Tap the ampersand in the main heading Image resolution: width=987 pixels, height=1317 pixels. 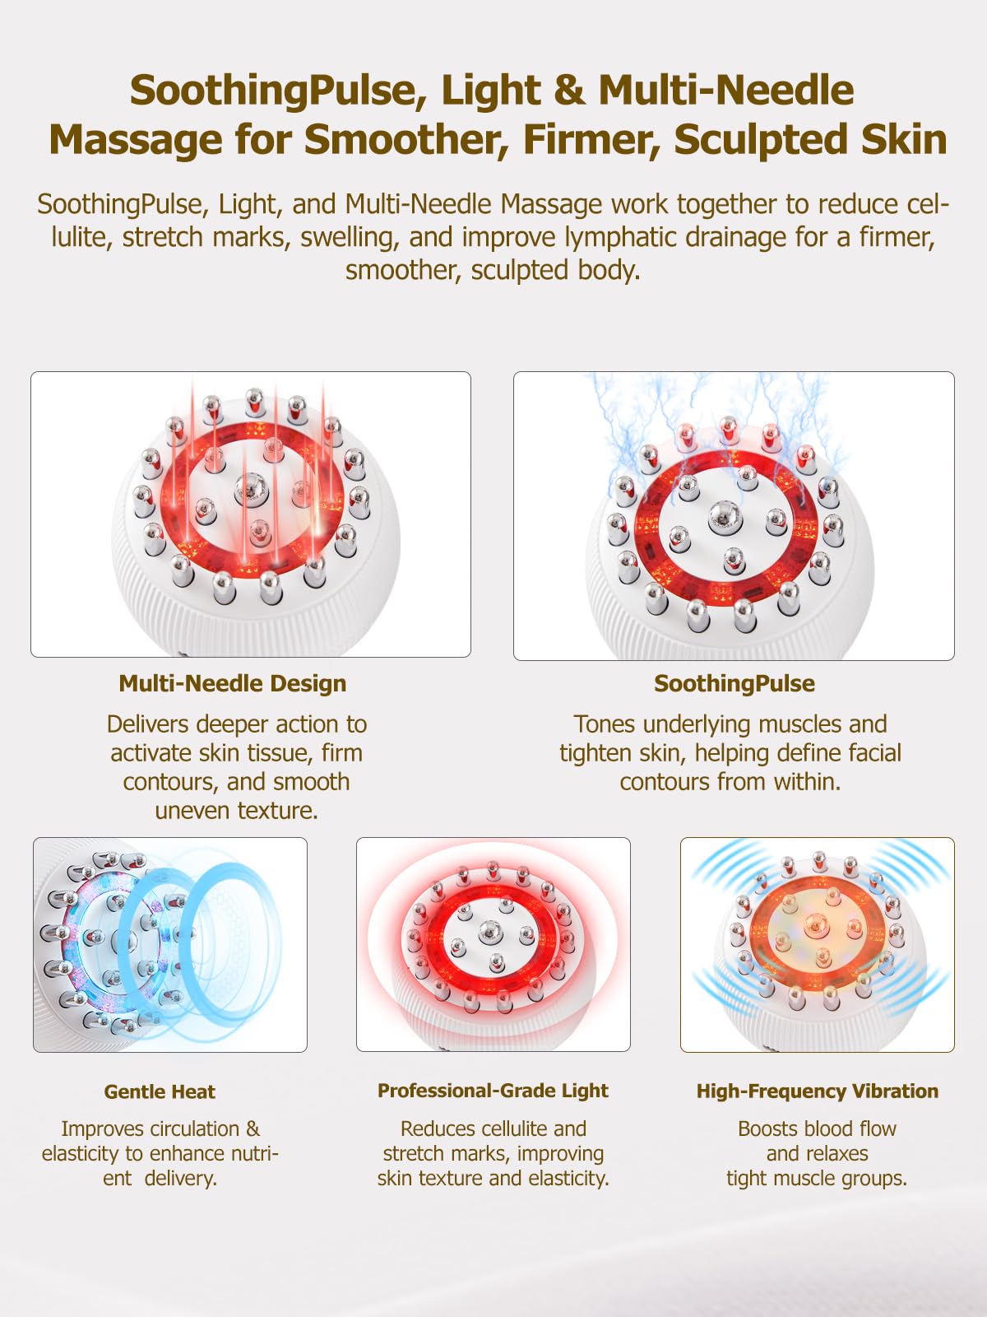coord(569,90)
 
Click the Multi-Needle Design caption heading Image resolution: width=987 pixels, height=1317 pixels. coord(233,684)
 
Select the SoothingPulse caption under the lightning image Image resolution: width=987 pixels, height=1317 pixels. coord(734,684)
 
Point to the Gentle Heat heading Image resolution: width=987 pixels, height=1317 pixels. coord(160,1091)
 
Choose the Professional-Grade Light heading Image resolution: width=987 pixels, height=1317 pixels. coord(493,1091)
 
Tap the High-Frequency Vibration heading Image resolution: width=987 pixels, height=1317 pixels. coord(818,1091)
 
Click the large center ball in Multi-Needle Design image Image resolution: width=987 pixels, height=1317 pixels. coord(251,488)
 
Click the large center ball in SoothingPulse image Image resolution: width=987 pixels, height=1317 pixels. coord(725,517)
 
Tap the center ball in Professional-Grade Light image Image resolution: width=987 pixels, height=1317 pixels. coord(490,933)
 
